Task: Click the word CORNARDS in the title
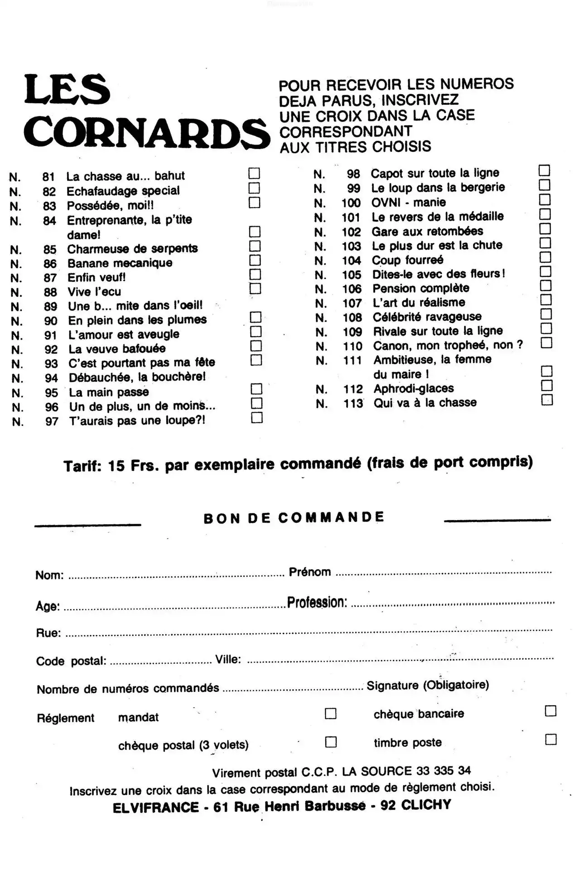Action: point(146,132)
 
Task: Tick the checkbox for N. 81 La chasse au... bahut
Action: point(254,173)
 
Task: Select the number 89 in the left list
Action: point(50,306)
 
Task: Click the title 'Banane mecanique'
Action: point(120,263)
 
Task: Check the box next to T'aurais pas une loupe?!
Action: point(256,417)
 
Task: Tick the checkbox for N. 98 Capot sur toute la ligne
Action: point(544,170)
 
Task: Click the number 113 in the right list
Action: point(353,403)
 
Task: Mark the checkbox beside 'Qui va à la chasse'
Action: point(547,400)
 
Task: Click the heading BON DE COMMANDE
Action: point(294,517)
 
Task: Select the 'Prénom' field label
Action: point(310,572)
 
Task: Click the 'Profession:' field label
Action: point(317,602)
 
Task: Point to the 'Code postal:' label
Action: point(71,661)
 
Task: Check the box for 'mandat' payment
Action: point(331,714)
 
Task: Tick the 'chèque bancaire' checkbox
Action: point(551,711)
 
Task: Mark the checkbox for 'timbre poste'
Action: point(551,739)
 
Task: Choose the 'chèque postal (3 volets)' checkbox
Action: point(331,742)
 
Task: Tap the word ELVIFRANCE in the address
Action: point(155,807)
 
